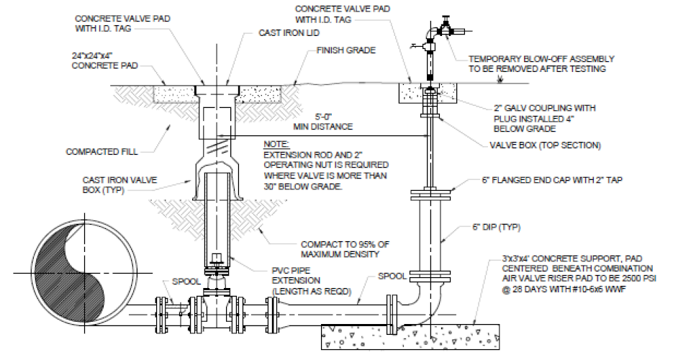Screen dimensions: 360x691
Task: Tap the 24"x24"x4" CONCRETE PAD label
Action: (104, 60)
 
